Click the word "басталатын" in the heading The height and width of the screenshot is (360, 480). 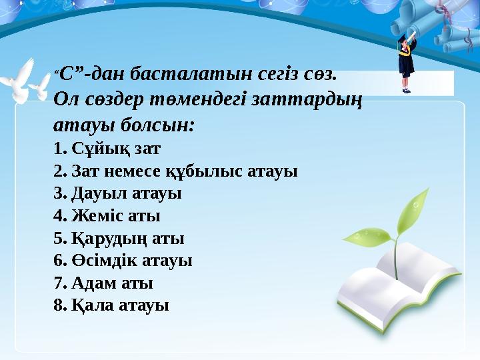point(176,73)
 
